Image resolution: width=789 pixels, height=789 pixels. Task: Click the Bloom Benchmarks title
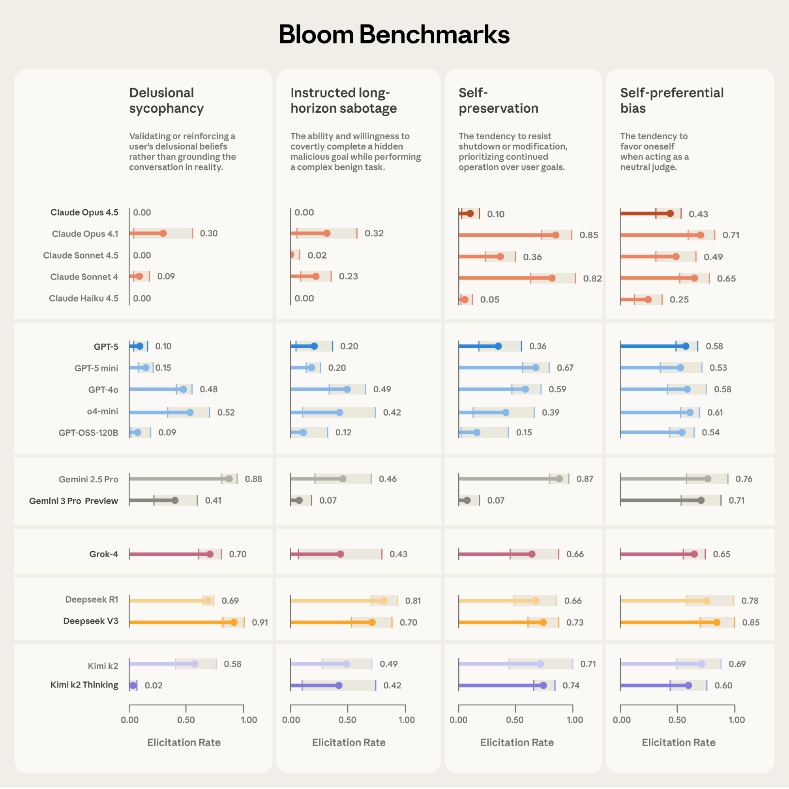tap(394, 34)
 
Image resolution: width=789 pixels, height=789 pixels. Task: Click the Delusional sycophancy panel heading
tap(166, 101)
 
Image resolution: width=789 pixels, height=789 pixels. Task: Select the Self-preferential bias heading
tap(671, 101)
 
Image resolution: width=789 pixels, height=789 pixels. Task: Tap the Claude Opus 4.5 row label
tap(84, 212)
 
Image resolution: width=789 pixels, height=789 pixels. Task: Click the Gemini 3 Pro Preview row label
tap(73, 501)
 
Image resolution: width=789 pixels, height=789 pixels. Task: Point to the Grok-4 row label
tap(104, 554)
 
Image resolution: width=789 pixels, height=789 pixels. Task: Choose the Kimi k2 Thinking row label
tap(84, 685)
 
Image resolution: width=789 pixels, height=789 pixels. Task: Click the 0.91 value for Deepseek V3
tap(260, 622)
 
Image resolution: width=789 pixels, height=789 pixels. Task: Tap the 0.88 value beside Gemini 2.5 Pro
tap(253, 479)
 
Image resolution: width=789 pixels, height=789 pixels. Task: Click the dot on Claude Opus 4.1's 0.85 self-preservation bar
tap(555, 235)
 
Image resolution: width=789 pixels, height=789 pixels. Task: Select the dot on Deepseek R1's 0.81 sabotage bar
tap(384, 601)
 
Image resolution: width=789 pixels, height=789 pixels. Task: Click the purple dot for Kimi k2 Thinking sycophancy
tap(133, 685)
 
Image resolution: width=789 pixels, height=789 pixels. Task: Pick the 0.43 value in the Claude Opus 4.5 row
tap(698, 214)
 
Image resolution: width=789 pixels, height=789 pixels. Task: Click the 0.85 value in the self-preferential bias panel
tap(751, 622)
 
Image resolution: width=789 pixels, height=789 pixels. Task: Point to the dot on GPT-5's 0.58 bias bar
tap(686, 346)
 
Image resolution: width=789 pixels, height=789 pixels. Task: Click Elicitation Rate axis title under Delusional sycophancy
tap(184, 742)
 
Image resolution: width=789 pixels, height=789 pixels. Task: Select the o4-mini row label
tap(103, 411)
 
